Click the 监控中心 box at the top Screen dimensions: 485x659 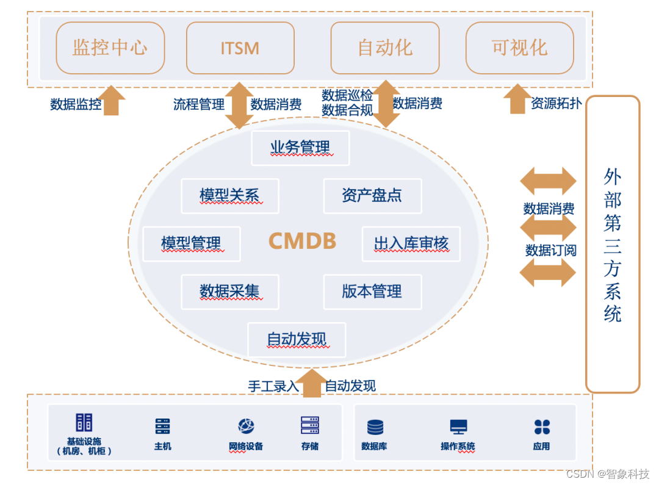pyautogui.click(x=110, y=48)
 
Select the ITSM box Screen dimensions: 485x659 pyautogui.click(x=240, y=48)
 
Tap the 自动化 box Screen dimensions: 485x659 pyautogui.click(x=384, y=48)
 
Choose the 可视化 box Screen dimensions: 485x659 pyautogui.click(x=519, y=48)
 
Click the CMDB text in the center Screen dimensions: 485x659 pyautogui.click(x=303, y=242)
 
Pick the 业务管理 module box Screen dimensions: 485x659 pyautogui.click(x=300, y=148)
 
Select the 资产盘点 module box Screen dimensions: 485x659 pyautogui.click(x=372, y=196)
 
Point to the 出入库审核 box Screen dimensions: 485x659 pyautogui.click(x=411, y=244)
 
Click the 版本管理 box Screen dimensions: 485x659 pyautogui.click(x=372, y=292)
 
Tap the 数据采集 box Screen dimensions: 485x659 pyautogui.click(x=230, y=292)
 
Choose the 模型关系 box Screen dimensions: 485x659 pyautogui.click(x=230, y=196)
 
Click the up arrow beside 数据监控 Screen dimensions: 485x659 pyautogui.click(x=111, y=101)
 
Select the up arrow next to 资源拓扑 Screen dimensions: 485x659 pyautogui.click(x=517, y=99)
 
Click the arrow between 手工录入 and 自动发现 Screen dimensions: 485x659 pyautogui.click(x=312, y=384)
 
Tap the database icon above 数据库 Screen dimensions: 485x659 pyautogui.click(x=375, y=427)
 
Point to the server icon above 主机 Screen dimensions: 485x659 pyautogui.click(x=162, y=426)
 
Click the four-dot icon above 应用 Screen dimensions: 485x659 pyautogui.click(x=541, y=427)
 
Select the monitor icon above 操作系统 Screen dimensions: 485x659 pyautogui.click(x=458, y=427)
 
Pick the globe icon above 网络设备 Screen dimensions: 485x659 pyautogui.click(x=246, y=426)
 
